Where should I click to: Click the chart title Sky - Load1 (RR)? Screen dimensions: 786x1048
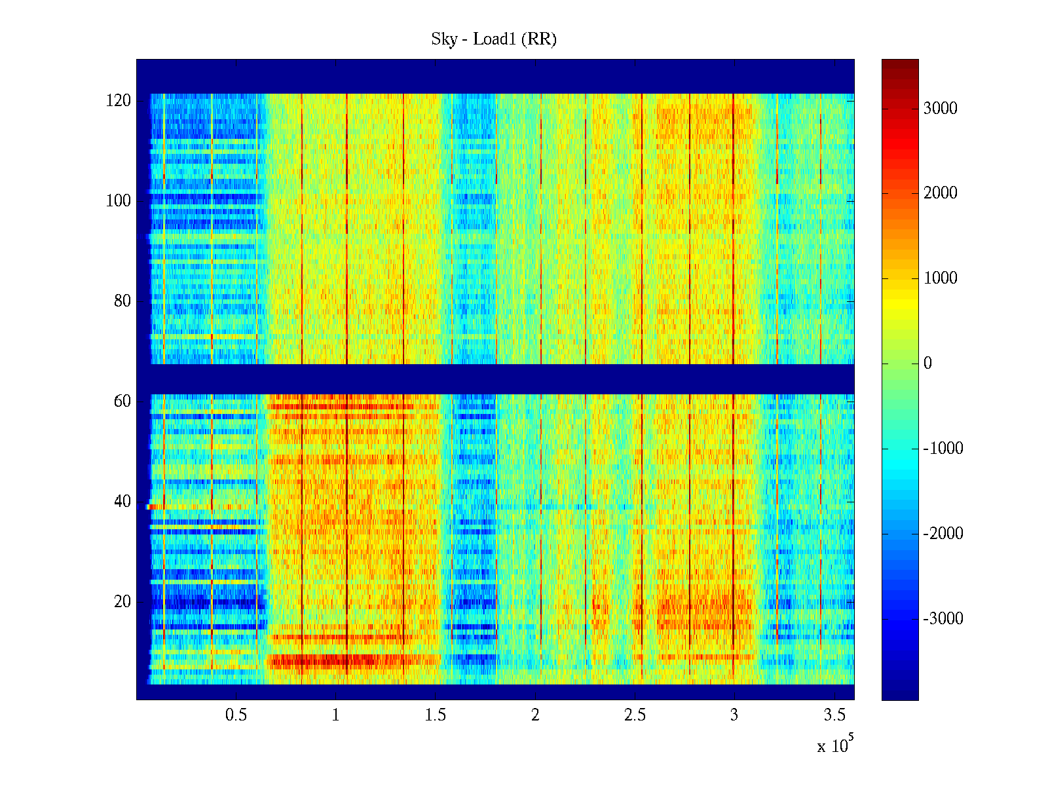tap(494, 39)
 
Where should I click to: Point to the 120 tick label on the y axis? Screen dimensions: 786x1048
tap(118, 101)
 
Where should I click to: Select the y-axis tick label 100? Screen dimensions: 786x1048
tap(118, 201)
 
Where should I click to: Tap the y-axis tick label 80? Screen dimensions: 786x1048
tap(122, 301)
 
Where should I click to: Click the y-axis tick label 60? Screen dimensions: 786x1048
tap(122, 402)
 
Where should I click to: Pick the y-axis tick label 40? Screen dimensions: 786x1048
tap(122, 502)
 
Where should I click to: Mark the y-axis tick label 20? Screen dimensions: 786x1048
tap(122, 602)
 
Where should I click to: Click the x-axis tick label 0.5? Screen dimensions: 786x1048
tap(236, 715)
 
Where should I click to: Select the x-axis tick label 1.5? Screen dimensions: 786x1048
tap(436, 715)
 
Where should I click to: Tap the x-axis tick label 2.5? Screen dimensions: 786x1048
tap(635, 715)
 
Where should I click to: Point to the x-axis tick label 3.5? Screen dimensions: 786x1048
tap(834, 715)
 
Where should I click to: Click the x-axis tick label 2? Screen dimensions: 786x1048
tap(535, 715)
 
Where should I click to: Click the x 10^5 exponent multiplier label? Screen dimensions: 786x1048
tap(835, 745)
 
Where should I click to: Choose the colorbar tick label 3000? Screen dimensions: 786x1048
tap(941, 109)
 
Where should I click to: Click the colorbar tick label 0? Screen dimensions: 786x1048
tap(927, 364)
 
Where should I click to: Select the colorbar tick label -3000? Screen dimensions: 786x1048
tap(943, 619)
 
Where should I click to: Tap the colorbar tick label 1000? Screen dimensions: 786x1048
tap(941, 278)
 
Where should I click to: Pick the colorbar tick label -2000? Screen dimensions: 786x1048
tap(943, 534)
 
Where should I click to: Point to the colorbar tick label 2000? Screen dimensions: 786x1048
tap(941, 193)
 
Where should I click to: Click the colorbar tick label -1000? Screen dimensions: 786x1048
tap(943, 449)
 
